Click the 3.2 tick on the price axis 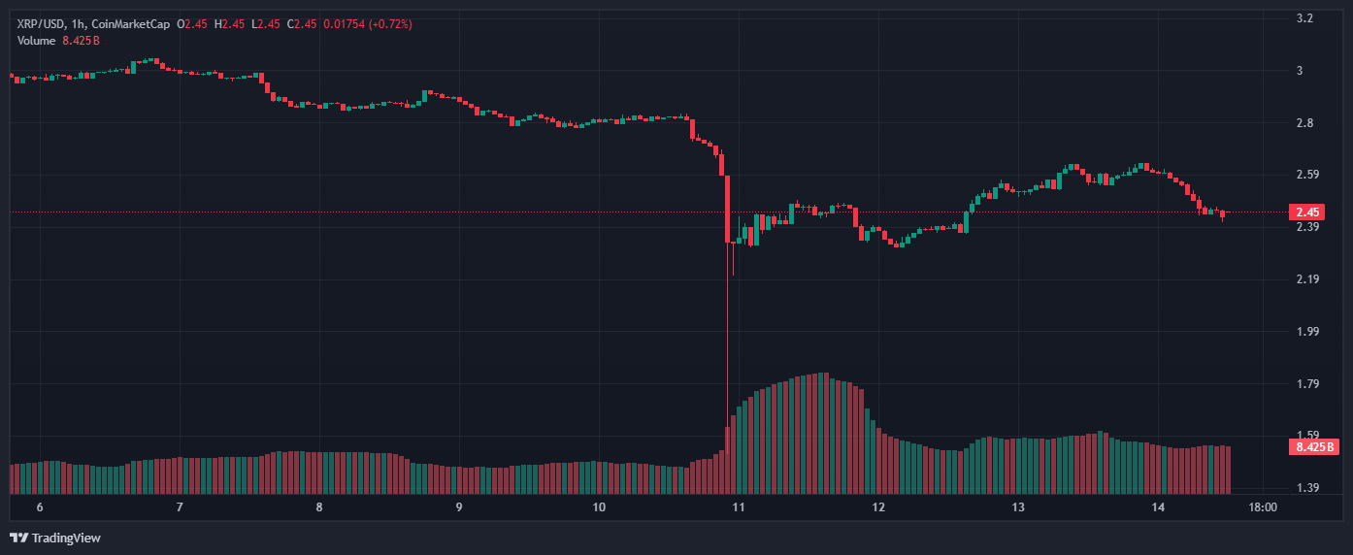[x=1304, y=18]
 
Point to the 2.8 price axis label [x=1304, y=123]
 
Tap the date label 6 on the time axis [x=40, y=507]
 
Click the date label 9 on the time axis [x=458, y=507]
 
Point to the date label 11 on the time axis [x=739, y=507]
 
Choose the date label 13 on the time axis [x=1018, y=507]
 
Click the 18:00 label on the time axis [x=1262, y=507]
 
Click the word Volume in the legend [x=37, y=40]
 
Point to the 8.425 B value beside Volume [x=82, y=40]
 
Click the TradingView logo [x=55, y=538]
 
